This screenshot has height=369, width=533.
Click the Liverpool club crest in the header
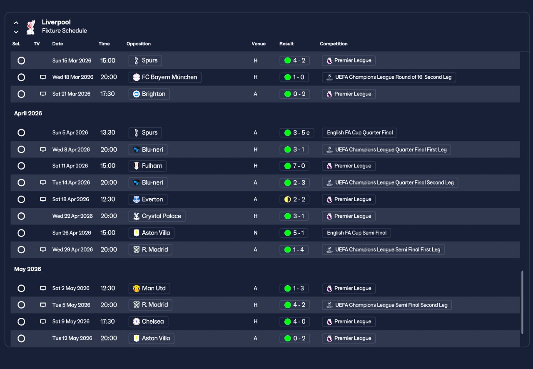[30, 27]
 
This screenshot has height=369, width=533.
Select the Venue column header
[258, 44]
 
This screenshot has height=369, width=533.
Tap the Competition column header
[334, 44]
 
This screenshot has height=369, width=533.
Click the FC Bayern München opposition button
[165, 77]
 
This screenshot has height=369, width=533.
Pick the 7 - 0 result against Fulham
[294, 166]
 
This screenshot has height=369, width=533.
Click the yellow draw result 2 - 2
[294, 199]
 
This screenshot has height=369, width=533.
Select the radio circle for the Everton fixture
[21, 199]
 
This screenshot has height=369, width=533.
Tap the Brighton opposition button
[149, 94]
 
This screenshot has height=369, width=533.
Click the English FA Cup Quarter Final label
[359, 133]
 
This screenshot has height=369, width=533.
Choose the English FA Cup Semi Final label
[356, 233]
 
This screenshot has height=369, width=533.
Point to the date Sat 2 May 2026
[71, 288]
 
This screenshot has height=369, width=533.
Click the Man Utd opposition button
[149, 288]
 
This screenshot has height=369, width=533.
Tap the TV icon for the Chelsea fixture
[42, 322]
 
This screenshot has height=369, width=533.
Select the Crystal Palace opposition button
[157, 216]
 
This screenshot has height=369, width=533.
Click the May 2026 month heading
[27, 269]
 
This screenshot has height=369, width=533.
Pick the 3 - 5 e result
[297, 133]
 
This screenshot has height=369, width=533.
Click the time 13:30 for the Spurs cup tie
[108, 133]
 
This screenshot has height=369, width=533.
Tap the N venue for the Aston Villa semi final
[256, 233]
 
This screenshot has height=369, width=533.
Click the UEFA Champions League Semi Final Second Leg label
[386, 305]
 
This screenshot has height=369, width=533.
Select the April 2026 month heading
[28, 113]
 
